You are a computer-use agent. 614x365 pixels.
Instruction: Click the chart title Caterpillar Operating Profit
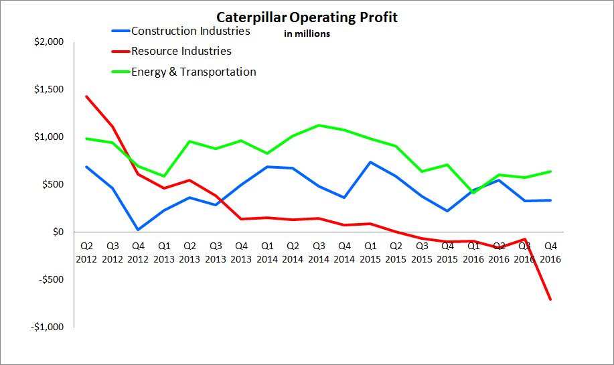(307, 17)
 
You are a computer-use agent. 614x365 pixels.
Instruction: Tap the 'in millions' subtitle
(307, 34)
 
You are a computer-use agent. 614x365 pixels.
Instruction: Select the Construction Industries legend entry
(191, 31)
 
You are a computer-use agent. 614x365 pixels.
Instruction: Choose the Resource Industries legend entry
(181, 51)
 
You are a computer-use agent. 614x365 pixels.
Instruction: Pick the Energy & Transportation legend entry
(194, 72)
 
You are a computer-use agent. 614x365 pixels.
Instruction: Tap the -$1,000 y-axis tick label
(48, 327)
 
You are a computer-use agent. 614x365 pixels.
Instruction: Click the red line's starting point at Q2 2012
(86, 96)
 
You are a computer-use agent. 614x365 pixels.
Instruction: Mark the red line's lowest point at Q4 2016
(550, 299)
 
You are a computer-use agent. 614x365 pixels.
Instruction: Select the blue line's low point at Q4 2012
(138, 230)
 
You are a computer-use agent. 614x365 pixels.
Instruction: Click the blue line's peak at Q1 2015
(370, 162)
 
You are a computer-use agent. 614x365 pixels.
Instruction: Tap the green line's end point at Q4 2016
(550, 171)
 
